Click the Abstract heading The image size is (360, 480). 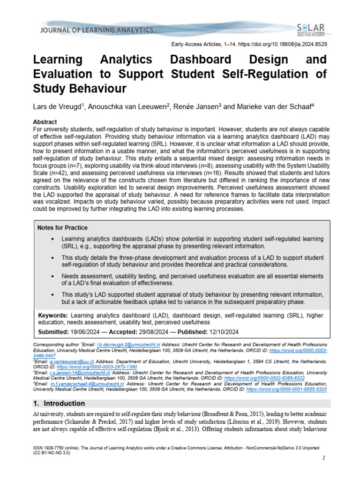[45, 121]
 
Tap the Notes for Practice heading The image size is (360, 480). [62, 228]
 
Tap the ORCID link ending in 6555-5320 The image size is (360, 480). [286, 389]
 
